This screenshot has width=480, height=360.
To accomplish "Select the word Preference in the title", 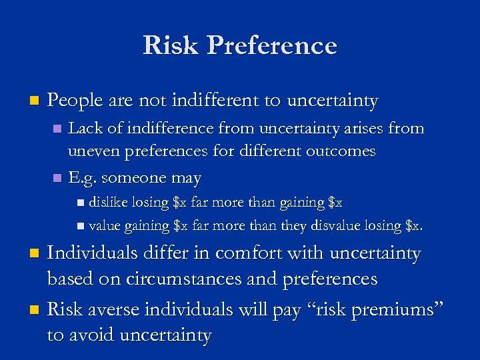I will (x=273, y=45).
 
